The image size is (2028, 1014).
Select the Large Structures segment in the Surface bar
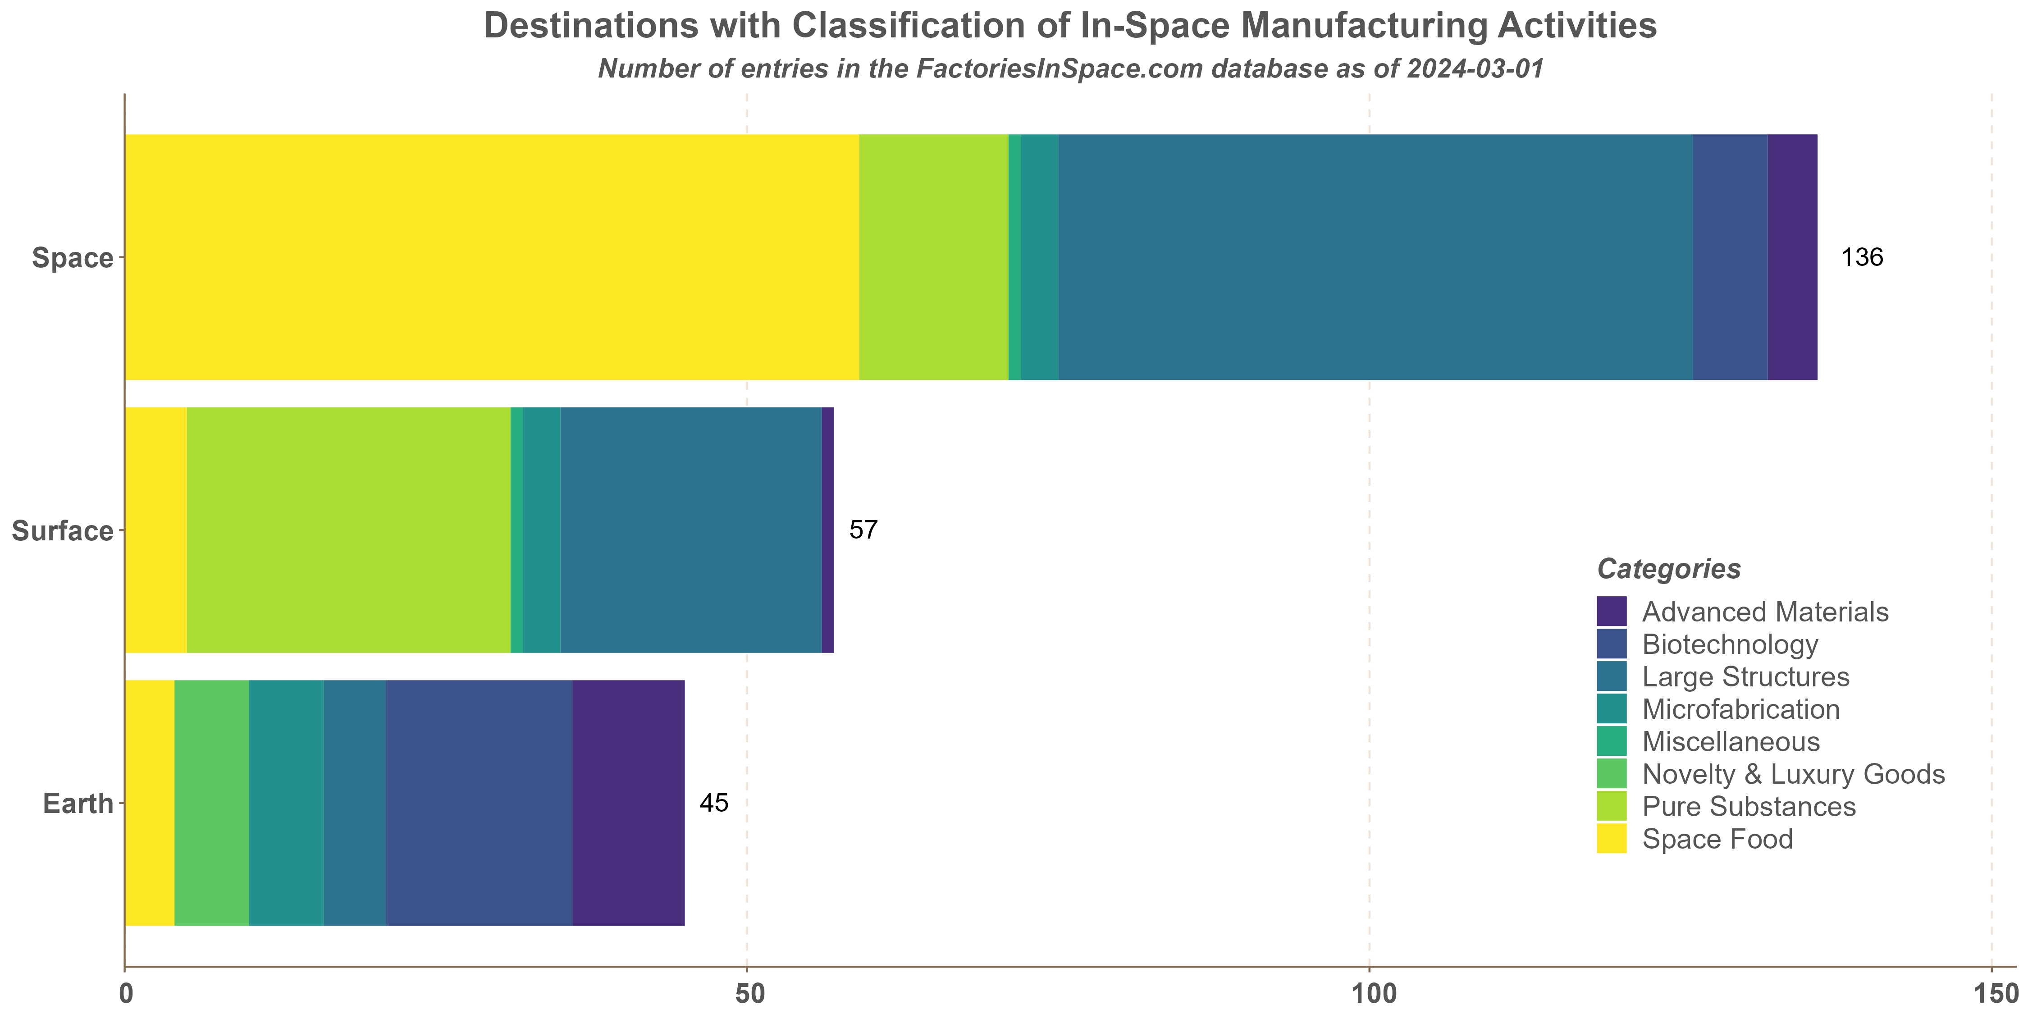click(690, 530)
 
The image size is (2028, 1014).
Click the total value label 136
click(1861, 257)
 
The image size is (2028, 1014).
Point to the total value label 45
click(713, 803)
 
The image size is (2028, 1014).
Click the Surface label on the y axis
click(62, 530)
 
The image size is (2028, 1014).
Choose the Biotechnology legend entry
click(1730, 644)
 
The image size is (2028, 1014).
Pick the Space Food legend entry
click(1717, 839)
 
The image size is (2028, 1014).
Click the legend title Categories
click(1668, 568)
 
